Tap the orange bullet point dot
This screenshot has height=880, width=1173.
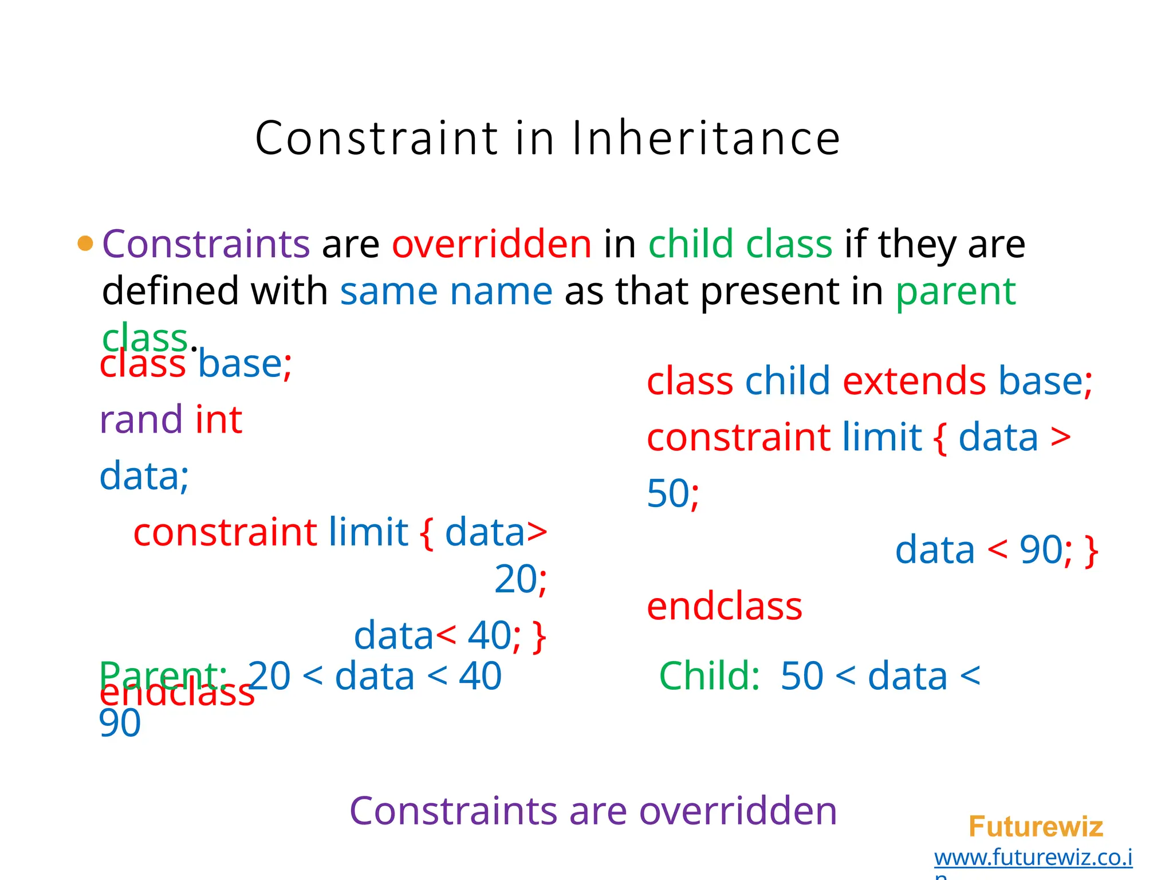click(x=85, y=243)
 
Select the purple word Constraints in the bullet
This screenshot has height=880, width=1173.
click(x=206, y=243)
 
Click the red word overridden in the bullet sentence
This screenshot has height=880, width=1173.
click(x=491, y=243)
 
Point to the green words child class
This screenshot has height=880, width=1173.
click(x=740, y=243)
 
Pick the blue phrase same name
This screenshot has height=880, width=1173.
click(x=446, y=291)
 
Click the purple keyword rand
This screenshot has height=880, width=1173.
click(x=141, y=419)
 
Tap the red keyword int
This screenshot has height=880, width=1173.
click(x=219, y=419)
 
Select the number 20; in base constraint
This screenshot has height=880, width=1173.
click(x=520, y=579)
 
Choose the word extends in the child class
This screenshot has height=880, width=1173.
click(x=914, y=381)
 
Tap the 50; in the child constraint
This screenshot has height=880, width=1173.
click(x=672, y=493)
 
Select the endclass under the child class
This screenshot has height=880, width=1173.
click(x=724, y=607)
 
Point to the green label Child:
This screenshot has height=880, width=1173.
click(x=709, y=676)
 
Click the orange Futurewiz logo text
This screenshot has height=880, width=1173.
click(x=1035, y=827)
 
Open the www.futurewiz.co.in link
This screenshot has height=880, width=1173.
click(x=1033, y=858)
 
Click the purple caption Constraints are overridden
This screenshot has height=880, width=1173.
click(x=593, y=811)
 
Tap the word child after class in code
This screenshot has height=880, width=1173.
click(x=787, y=381)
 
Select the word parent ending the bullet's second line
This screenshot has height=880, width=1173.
click(x=955, y=291)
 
